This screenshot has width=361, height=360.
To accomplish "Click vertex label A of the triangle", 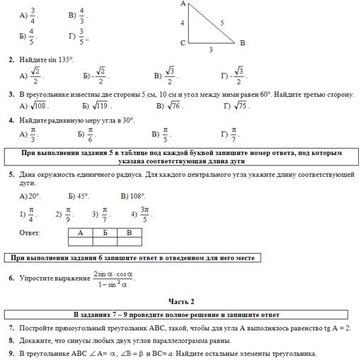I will (x=183, y=4).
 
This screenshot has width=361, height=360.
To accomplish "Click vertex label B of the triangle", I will (x=242, y=43).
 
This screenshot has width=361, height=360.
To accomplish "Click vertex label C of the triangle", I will (x=183, y=43).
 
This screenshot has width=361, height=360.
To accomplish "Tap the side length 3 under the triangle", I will (x=210, y=50).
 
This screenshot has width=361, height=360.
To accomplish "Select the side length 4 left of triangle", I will (x=183, y=23).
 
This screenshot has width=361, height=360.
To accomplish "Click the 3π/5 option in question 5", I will (x=144, y=214).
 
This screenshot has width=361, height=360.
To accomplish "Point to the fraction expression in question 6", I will (x=113, y=279).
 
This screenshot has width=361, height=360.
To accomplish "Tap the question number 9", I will (x=11, y=353).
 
